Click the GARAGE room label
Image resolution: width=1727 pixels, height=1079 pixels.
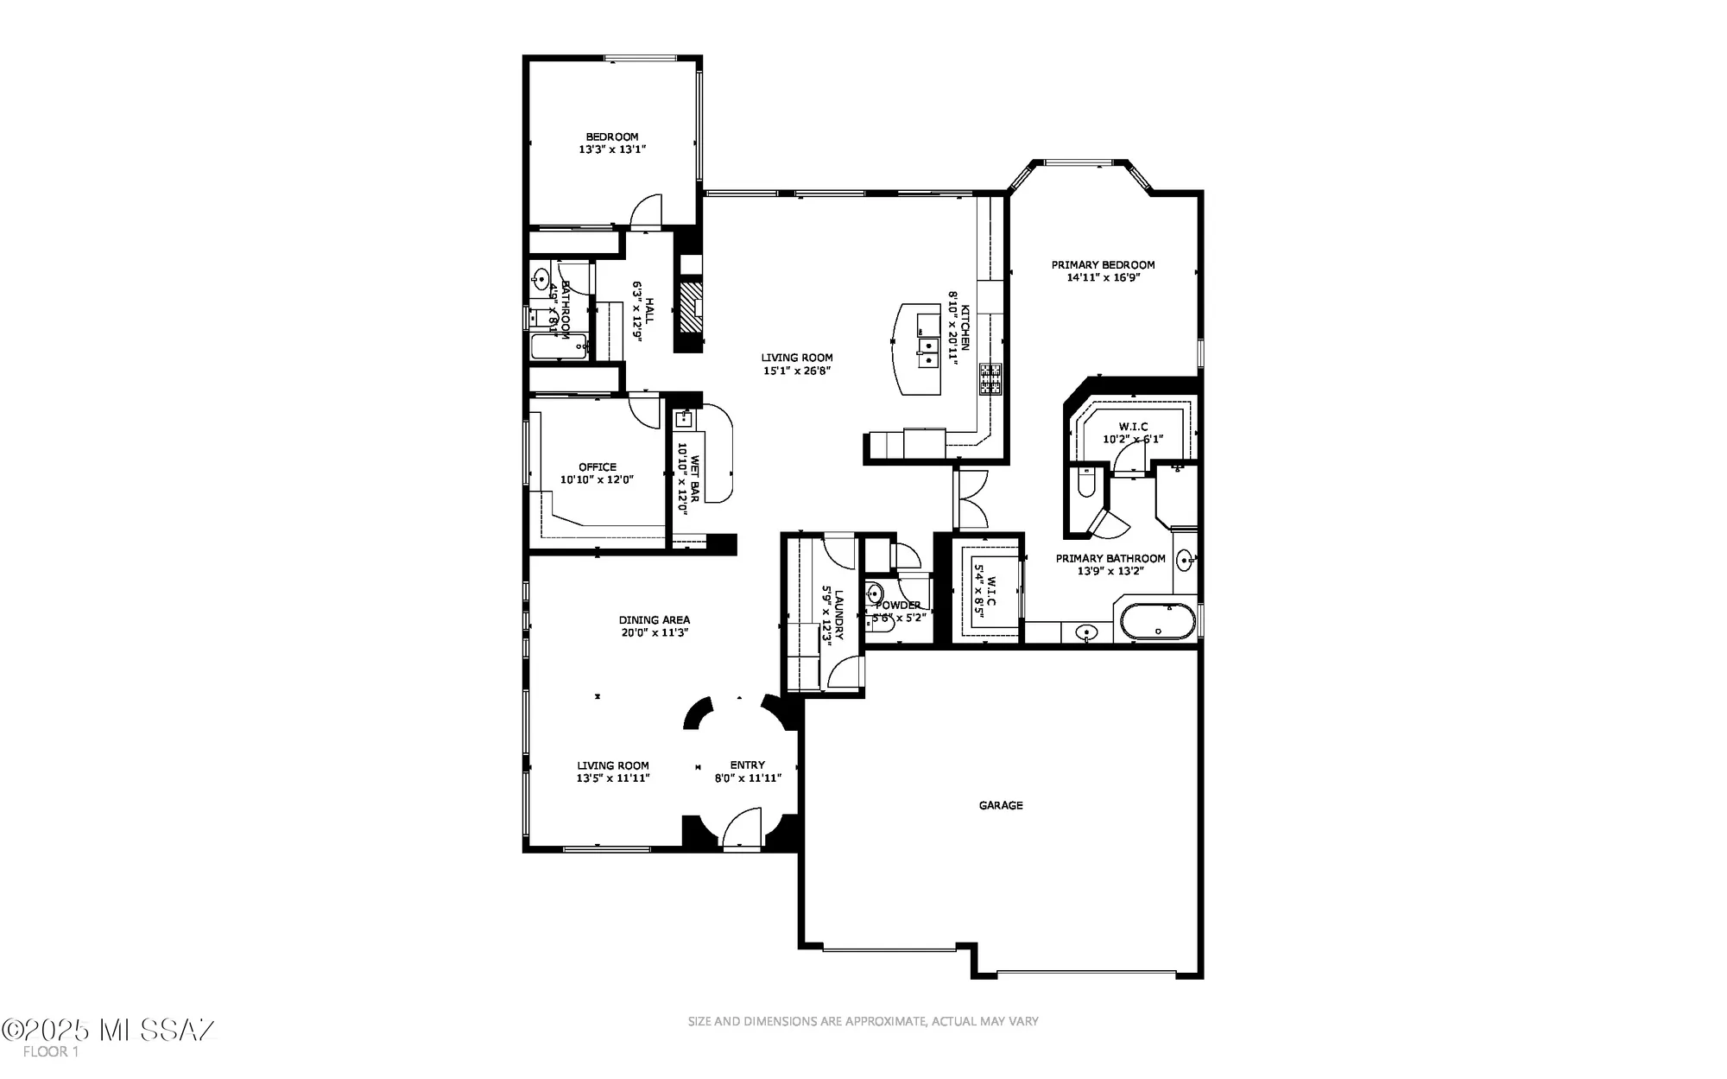pos(1000,805)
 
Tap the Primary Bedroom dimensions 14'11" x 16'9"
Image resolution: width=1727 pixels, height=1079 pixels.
pos(1103,278)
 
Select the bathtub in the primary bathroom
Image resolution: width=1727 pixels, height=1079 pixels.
pos(1158,621)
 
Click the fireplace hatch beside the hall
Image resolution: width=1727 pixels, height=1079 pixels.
pos(690,307)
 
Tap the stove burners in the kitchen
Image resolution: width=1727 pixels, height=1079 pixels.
pos(990,378)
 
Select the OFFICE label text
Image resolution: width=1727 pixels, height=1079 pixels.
pos(598,467)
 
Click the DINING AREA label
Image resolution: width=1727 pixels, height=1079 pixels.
pos(654,619)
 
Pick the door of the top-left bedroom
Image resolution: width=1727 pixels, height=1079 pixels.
pos(645,212)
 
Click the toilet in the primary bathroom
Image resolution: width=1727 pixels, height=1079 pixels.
pos(1086,480)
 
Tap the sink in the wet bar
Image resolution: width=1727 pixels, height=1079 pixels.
pos(685,420)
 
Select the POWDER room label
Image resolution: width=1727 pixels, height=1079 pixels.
pos(898,606)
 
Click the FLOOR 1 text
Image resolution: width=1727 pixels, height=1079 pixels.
pos(50,1051)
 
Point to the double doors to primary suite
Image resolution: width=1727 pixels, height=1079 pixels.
pos(971,499)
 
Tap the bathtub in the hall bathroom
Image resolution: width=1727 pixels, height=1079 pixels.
pos(558,346)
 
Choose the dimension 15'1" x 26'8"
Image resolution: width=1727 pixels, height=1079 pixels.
pos(796,371)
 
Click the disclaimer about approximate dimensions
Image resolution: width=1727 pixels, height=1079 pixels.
pos(863,1021)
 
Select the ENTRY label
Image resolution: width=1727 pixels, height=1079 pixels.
pos(747,765)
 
